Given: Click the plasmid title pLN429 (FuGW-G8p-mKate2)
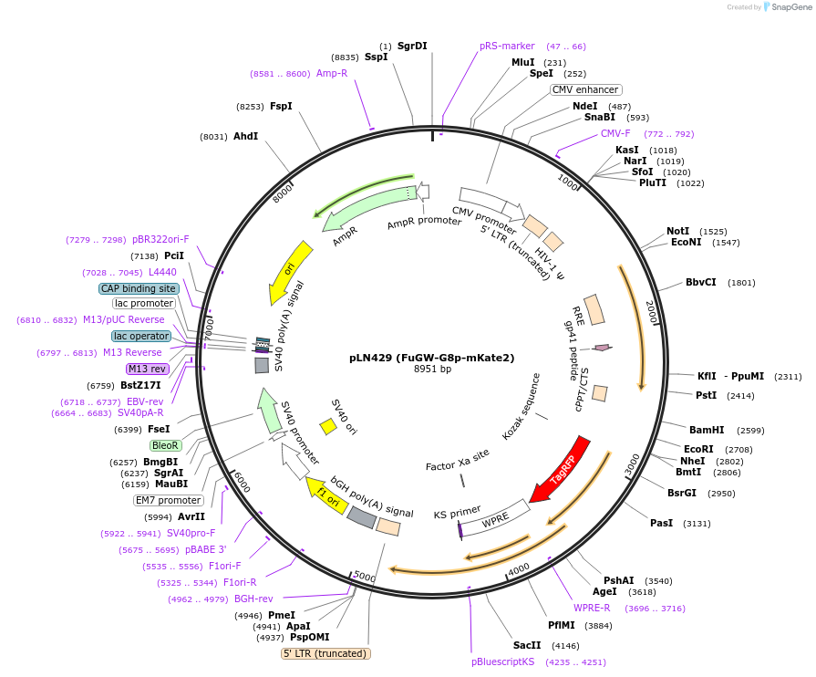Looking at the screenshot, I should coord(432,358).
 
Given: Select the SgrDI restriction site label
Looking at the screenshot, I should coord(412,46).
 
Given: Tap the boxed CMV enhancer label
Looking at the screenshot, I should coord(586,89).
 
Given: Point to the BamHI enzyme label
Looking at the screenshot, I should coord(707,430).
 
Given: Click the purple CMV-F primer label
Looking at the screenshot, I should coord(615,133).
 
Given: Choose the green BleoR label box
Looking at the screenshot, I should coord(165,445).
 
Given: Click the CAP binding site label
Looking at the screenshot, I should coord(139,288).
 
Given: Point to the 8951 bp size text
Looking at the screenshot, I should coord(432,370).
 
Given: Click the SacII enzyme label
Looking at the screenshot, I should coord(527,645).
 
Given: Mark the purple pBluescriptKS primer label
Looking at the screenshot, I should coord(502,661).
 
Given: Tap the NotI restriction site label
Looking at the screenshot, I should coord(677,231).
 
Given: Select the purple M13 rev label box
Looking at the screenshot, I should coord(147,369).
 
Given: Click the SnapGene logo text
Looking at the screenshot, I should coord(790,7).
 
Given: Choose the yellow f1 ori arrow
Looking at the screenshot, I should coord(325,493).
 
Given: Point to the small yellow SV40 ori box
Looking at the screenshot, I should coord(328,426).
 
